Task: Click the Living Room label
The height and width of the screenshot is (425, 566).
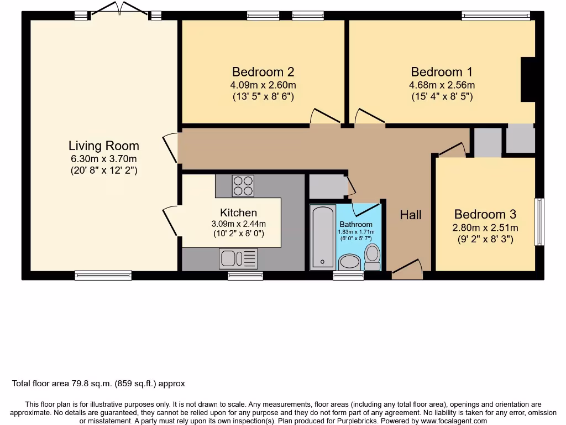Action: point(103,146)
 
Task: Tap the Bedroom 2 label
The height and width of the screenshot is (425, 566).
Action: point(263,72)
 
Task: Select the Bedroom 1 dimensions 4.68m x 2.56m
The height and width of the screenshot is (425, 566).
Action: point(442,85)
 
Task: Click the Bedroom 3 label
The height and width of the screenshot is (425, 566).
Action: point(485,214)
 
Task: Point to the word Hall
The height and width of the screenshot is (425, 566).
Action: point(411,215)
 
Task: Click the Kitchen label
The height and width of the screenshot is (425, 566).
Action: point(239,212)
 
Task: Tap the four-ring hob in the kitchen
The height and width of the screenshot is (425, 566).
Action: point(243,186)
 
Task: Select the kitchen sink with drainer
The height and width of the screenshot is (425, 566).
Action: point(238,259)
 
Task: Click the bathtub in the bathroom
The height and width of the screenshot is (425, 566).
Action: point(323,237)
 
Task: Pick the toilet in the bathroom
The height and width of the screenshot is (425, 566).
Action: point(372,257)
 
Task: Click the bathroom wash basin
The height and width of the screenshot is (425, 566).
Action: point(349,262)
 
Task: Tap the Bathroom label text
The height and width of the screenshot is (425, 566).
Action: point(356,225)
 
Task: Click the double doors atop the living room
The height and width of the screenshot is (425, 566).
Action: point(119,9)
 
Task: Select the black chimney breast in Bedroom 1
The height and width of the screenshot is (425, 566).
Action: point(527,80)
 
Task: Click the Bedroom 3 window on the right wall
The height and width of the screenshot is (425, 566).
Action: point(539,221)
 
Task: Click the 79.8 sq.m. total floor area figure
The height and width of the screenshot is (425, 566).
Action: point(91,383)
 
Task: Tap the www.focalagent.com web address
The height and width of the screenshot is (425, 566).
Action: point(454,421)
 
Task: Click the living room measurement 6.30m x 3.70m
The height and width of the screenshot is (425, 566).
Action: point(103,159)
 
